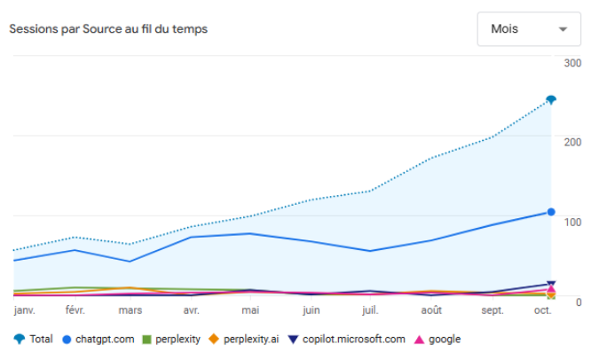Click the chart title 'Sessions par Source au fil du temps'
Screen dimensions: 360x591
pos(107,29)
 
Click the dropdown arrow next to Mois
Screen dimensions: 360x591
pos(563,29)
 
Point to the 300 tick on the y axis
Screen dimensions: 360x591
pos(572,63)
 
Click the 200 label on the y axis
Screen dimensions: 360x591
pos(572,142)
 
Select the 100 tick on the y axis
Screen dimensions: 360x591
pos(572,221)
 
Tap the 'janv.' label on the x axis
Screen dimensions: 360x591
pos(26,310)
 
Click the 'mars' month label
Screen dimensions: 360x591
pos(130,310)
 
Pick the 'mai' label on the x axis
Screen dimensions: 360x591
pos(250,310)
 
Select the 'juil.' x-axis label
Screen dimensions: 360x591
pos(370,310)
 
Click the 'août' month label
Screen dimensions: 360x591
pos(431,310)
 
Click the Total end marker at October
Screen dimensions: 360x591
pos(551,99)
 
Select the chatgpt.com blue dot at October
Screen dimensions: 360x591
pos(551,212)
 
